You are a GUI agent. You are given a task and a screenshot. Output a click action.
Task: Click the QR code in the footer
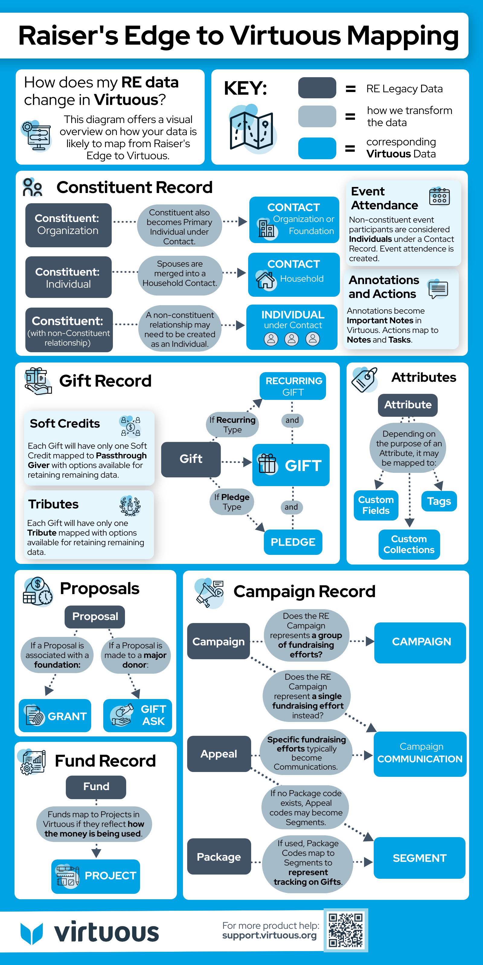tap(345, 930)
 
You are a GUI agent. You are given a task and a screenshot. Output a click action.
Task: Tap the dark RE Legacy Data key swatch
tap(317, 88)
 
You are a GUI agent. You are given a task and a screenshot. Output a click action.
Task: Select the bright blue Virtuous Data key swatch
tap(317, 148)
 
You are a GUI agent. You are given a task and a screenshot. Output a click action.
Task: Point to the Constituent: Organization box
tap(68, 225)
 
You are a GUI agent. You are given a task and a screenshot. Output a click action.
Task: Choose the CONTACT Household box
tap(294, 275)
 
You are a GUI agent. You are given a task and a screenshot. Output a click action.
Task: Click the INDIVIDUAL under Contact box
tap(292, 327)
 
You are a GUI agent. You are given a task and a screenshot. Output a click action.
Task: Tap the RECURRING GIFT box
tap(293, 386)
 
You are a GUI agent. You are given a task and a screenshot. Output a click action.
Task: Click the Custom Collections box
tap(409, 544)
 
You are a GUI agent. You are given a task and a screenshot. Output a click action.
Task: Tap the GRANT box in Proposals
tap(55, 716)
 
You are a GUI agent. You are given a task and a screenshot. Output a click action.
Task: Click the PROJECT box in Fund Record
tap(96, 876)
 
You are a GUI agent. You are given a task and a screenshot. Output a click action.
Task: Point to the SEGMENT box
tap(419, 858)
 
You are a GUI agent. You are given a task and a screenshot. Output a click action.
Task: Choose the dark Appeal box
tap(219, 754)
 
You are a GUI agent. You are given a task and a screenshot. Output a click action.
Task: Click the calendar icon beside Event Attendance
tap(439, 196)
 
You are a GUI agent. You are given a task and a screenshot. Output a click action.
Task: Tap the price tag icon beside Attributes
tap(364, 379)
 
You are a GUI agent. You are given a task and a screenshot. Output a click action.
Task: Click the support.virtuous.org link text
tap(269, 935)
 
